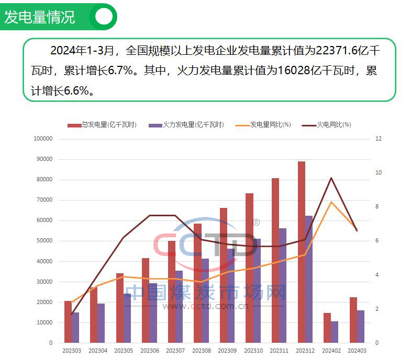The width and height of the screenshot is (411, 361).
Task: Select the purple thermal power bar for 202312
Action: click(x=308, y=279)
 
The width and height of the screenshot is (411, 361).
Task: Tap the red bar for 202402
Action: click(x=327, y=328)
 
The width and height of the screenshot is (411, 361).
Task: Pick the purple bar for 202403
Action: click(x=360, y=327)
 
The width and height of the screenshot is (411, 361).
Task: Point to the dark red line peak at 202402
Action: click(x=331, y=178)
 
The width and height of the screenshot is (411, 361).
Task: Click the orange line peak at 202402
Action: click(x=331, y=202)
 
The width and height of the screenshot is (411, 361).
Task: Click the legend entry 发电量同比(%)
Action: click(x=270, y=125)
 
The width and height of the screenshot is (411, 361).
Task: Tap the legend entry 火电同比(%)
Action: click(x=334, y=125)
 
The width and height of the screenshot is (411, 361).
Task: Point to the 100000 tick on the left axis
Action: click(x=43, y=139)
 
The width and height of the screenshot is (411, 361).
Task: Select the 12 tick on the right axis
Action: click(x=378, y=139)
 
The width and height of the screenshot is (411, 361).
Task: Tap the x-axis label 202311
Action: click(x=279, y=351)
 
